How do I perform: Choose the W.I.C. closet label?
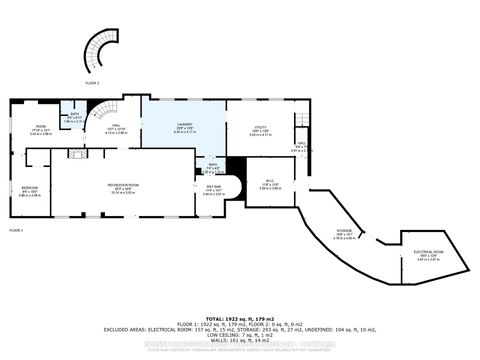click(269, 184)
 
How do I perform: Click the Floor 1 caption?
click(16, 230)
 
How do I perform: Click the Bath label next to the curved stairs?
click(68, 118)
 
